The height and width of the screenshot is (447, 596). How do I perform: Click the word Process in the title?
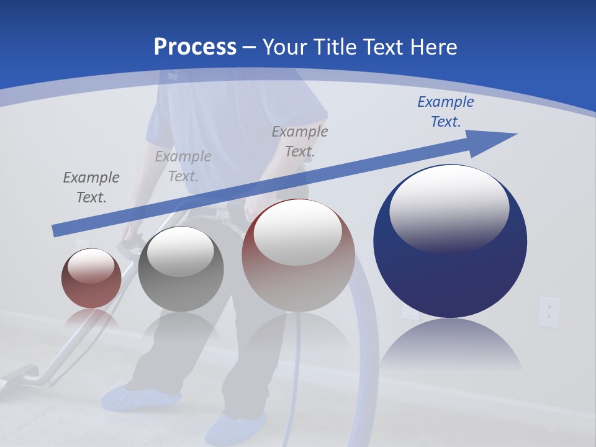[x=195, y=47]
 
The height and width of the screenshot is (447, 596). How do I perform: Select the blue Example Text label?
[x=445, y=112]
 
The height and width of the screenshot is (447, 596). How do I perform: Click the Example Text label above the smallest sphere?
[x=91, y=187]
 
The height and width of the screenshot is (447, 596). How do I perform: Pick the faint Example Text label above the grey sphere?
[x=183, y=166]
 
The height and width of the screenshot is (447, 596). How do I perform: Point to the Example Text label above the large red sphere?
[x=300, y=141]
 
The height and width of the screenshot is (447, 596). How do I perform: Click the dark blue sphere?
[x=450, y=273]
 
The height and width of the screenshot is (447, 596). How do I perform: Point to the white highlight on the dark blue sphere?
[x=449, y=208]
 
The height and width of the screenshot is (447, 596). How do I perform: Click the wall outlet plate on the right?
[x=549, y=312]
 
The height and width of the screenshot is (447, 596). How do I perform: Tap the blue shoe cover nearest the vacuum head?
[x=137, y=397]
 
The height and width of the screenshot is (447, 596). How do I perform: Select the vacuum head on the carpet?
[x=25, y=376]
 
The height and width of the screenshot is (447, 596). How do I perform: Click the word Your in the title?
[x=286, y=47]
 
